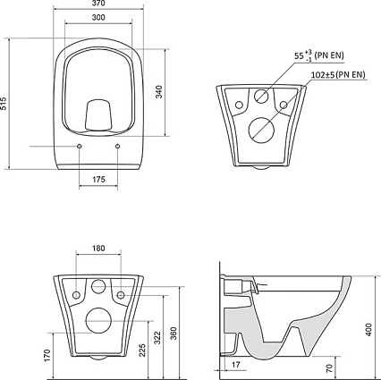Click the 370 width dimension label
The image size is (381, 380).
click(x=98, y=4)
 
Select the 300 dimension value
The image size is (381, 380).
click(x=98, y=18)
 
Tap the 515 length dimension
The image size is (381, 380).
click(x=4, y=104)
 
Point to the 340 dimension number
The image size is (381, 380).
click(x=159, y=92)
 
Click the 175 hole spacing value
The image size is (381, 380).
click(x=98, y=179)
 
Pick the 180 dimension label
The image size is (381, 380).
click(x=98, y=248)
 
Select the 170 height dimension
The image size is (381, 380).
click(x=47, y=356)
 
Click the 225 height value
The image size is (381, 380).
click(x=142, y=350)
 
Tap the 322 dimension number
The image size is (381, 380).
click(x=157, y=338)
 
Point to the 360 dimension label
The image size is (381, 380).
click(x=174, y=334)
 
